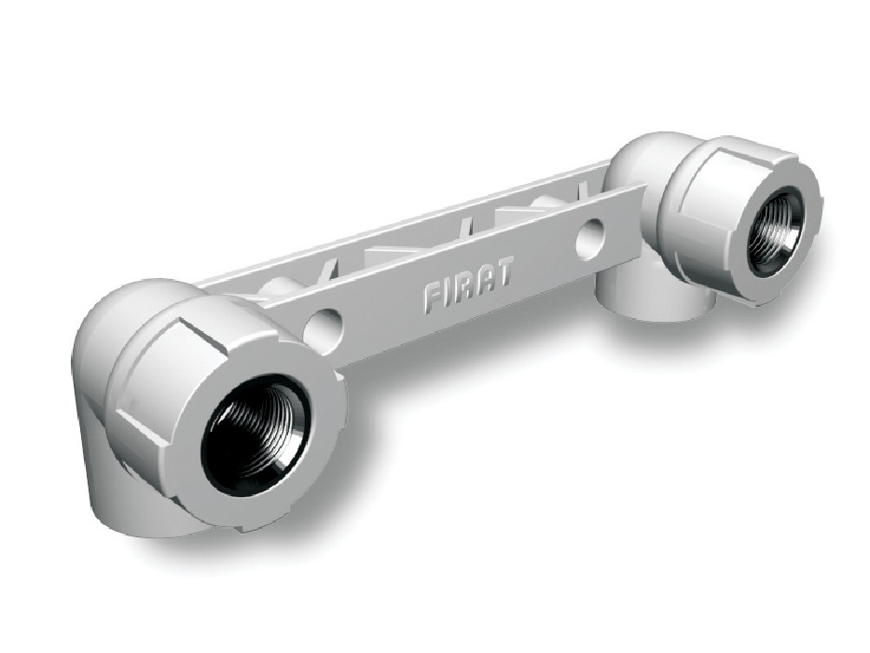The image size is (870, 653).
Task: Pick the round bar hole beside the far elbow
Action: [591, 238]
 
